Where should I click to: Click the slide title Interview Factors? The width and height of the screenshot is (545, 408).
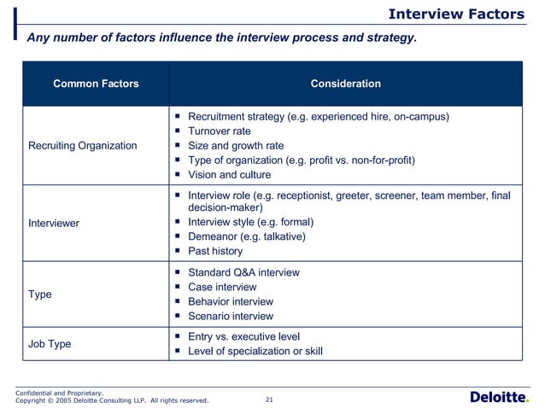click(x=455, y=14)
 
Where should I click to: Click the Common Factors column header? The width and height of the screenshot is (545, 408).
click(x=96, y=84)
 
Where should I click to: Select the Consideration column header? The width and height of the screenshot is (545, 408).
click(x=345, y=84)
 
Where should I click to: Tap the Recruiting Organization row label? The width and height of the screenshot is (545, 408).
click(x=82, y=145)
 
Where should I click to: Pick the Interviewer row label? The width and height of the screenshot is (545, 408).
click(x=54, y=223)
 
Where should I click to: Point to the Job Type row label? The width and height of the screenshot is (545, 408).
click(x=50, y=344)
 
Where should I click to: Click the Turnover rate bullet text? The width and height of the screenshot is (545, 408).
click(x=219, y=131)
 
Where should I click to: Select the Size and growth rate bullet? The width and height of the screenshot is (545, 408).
click(x=235, y=145)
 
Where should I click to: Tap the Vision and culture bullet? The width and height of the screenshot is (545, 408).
click(x=229, y=175)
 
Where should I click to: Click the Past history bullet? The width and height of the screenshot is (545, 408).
click(x=215, y=251)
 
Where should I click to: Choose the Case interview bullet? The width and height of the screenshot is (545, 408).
click(x=222, y=287)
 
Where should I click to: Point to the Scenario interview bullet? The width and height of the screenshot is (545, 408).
click(x=231, y=316)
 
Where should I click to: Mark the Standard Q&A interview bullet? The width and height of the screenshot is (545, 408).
click(x=243, y=272)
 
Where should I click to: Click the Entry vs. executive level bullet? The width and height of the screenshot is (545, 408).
click(x=243, y=336)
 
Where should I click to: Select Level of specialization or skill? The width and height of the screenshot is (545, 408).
click(x=255, y=351)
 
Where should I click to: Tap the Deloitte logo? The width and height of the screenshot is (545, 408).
click(x=500, y=397)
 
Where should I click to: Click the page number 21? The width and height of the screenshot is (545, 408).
click(x=270, y=399)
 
